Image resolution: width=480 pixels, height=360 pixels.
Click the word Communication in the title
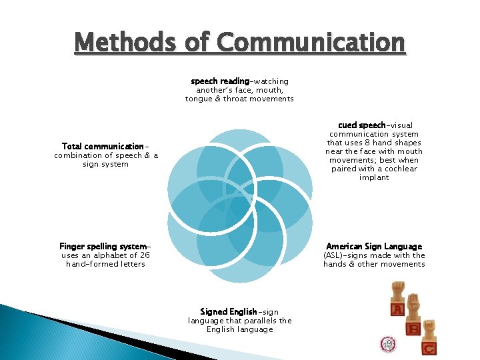311,43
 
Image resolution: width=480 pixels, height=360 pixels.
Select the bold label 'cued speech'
361,125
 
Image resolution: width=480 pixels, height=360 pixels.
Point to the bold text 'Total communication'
103,147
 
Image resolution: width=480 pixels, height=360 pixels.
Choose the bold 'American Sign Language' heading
373,247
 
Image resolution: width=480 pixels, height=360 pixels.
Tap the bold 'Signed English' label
228,311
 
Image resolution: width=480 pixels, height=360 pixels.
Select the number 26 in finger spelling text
145,255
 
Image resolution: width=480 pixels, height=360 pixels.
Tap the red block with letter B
414,328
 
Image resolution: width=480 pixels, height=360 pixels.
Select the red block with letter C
429,347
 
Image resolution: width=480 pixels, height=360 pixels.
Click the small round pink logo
388,344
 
